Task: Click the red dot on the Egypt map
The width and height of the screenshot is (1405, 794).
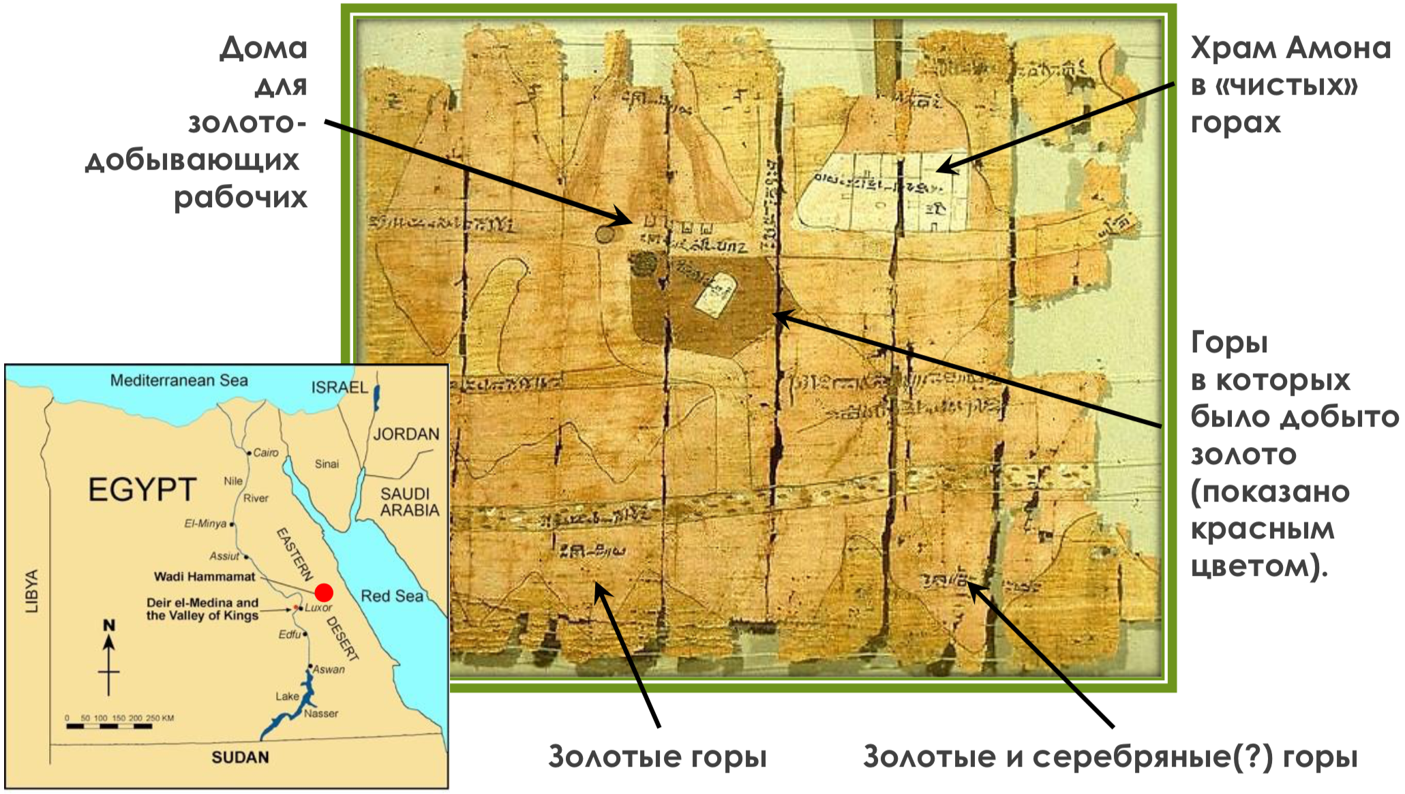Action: click(324, 592)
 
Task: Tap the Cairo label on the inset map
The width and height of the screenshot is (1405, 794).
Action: click(266, 453)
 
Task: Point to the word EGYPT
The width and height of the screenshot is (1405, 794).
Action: click(142, 490)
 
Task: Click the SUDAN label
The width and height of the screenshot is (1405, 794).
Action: click(240, 757)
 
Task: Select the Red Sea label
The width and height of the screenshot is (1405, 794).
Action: click(392, 596)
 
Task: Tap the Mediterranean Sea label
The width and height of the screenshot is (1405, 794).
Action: click(179, 380)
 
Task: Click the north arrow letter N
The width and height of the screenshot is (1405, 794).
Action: click(108, 624)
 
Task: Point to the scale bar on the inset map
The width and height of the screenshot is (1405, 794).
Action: click(109, 727)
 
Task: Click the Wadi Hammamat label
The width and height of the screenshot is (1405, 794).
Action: click(205, 577)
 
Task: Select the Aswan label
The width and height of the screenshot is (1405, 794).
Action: click(329, 669)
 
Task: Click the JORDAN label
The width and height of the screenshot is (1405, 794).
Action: click(406, 434)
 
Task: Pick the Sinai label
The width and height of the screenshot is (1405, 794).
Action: click(327, 464)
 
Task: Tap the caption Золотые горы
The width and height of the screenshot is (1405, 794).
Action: click(657, 757)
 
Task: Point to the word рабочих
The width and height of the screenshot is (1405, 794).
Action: click(241, 198)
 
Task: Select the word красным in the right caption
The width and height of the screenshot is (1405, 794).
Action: click(1263, 529)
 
